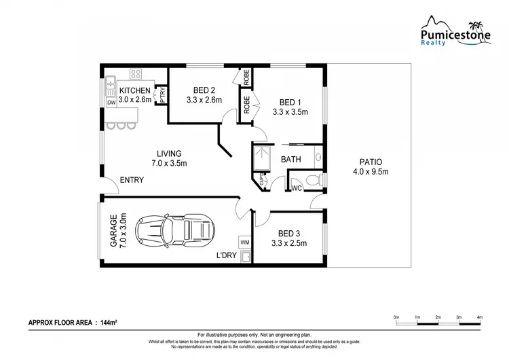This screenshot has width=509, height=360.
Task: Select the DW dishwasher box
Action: [111, 103]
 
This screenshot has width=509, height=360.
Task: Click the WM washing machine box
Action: [244, 242]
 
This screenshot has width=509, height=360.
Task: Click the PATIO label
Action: [370, 162]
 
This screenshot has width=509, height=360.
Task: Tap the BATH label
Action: [291, 160]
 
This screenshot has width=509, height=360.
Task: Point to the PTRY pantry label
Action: [163, 96]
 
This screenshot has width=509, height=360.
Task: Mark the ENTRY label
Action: [131, 180]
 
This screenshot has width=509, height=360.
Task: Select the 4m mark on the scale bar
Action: [479, 317]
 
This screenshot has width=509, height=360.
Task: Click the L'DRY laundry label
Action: [225, 255]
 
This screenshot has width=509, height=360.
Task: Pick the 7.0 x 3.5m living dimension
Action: [169, 163]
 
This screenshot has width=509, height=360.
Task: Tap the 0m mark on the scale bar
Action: [396, 317]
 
